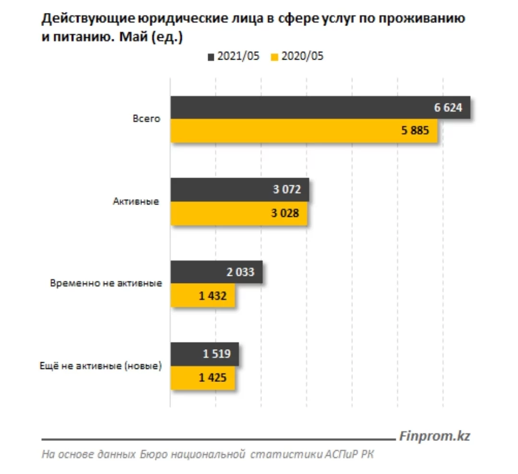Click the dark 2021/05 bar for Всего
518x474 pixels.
pos(297,108)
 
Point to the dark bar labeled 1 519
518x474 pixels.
pos(187,355)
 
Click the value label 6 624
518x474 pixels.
pos(448,108)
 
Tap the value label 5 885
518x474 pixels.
pos(414,130)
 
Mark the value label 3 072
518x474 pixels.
pos(287,190)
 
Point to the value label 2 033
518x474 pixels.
pos(240,273)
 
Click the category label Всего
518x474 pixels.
pos(146,119)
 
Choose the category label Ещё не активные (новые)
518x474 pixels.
pos(101,366)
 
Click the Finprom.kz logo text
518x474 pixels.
pos(434,436)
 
